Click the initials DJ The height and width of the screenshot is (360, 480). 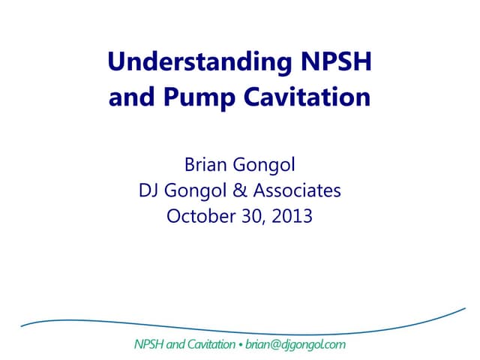click(149, 190)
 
